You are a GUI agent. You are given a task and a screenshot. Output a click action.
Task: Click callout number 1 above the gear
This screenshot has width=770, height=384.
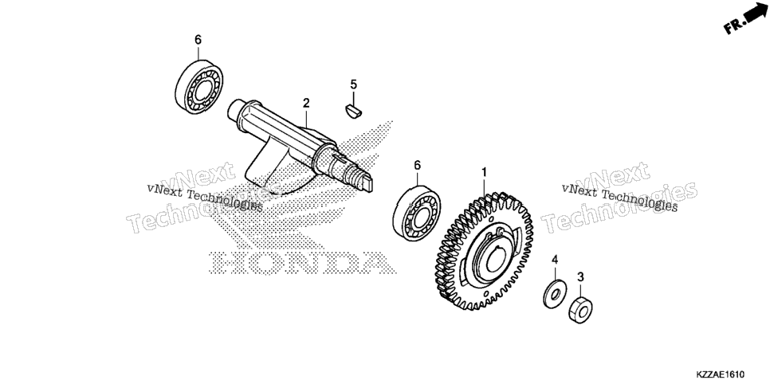coord(484,172)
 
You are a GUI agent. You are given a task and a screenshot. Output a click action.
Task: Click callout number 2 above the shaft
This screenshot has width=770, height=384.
coord(306,103)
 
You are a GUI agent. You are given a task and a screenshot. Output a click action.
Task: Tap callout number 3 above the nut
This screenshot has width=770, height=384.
coord(580,277)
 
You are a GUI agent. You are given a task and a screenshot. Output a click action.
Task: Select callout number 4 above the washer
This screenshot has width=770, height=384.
coord(555,260)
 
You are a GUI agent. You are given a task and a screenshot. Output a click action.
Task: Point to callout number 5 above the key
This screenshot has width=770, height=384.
coord(354,84)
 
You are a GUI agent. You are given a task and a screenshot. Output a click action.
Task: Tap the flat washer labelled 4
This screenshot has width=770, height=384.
coord(555,294)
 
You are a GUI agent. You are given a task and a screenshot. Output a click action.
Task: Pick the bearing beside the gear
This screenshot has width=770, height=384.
coord(416,213)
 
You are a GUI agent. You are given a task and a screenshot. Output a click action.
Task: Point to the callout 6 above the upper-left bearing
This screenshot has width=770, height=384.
coord(198,40)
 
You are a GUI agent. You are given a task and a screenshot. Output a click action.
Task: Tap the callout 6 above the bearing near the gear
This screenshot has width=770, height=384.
coord(418,166)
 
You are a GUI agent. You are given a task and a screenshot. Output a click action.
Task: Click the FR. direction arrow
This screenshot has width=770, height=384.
coord(746,18)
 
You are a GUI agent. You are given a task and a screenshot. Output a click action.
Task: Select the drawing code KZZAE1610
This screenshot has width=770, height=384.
coord(721,374)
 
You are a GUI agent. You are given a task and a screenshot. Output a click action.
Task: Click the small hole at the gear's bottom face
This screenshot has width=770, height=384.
coord(486,294)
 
